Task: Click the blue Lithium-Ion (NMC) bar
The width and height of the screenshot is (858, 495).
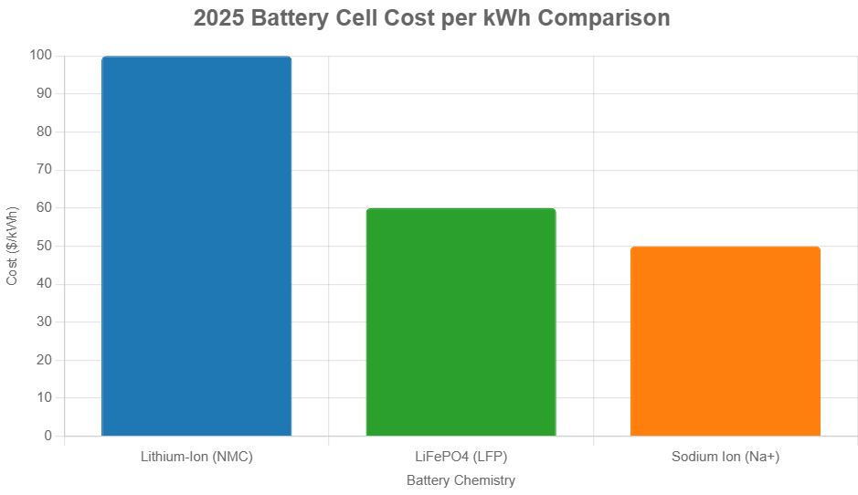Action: coord(196,247)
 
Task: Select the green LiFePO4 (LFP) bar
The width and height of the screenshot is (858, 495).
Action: coord(461,322)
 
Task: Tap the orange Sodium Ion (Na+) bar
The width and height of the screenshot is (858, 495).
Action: coord(725,342)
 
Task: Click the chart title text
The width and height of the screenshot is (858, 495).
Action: coord(431,18)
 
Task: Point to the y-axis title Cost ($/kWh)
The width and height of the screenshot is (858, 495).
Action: coord(13,246)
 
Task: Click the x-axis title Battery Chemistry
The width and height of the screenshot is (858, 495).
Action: coord(461,480)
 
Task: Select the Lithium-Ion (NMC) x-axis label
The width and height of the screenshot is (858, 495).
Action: coord(196,457)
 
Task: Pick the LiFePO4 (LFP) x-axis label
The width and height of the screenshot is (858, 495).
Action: coord(461,457)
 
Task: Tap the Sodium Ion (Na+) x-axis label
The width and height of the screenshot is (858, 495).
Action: coord(725,457)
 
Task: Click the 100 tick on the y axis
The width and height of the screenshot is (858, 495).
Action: coord(41,56)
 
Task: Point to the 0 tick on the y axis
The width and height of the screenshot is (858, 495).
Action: coord(48,437)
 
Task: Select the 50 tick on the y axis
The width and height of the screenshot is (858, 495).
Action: coord(44,246)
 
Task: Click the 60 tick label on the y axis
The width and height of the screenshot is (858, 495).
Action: coord(44,208)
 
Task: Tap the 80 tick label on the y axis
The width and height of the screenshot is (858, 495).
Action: coord(44,132)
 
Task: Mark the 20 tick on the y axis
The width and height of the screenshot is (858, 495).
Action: coord(44,360)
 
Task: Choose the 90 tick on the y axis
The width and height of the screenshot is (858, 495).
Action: coord(44,94)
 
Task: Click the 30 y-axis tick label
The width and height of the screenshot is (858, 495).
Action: coord(44,322)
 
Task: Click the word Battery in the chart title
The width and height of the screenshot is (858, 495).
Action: coord(288,18)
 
